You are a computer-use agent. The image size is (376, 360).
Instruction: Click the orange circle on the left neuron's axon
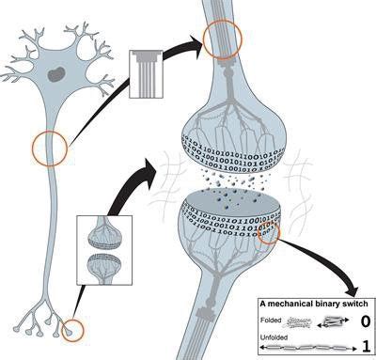50,147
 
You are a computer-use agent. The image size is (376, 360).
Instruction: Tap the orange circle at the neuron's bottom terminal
70,330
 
